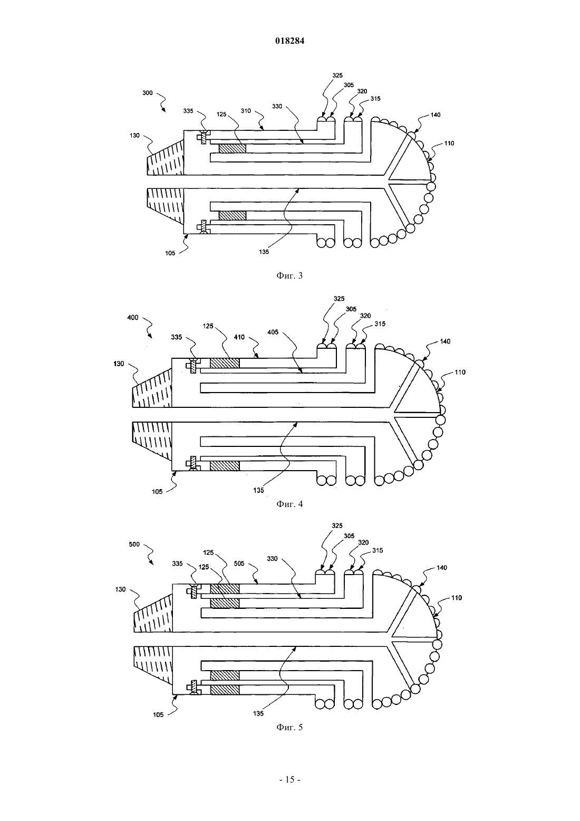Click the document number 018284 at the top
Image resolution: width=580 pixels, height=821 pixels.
click(x=289, y=41)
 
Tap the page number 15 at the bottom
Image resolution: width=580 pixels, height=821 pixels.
click(x=289, y=779)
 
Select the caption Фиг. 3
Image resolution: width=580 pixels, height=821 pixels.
click(x=289, y=275)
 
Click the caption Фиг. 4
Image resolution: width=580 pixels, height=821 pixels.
click(x=289, y=504)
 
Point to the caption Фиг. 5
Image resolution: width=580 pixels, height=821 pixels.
click(x=289, y=727)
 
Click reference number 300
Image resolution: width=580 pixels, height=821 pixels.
click(x=148, y=93)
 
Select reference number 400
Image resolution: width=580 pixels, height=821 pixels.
click(x=132, y=318)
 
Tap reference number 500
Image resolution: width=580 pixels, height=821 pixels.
click(x=134, y=545)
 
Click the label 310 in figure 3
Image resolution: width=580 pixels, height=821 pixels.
click(x=246, y=111)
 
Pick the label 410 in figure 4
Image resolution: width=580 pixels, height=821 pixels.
click(x=239, y=337)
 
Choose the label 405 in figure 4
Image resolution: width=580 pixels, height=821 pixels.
click(x=273, y=332)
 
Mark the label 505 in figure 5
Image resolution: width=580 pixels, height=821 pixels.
click(x=239, y=564)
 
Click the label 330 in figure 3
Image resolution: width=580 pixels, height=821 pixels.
click(x=277, y=106)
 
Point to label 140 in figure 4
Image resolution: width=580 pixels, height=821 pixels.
click(x=445, y=341)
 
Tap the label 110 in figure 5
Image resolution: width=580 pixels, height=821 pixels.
click(x=457, y=598)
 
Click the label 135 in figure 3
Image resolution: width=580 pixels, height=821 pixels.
click(x=264, y=252)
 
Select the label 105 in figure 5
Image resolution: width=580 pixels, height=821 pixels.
click(x=158, y=715)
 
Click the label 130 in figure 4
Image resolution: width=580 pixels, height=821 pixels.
click(x=119, y=364)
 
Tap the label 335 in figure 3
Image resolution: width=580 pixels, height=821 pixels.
click(x=188, y=111)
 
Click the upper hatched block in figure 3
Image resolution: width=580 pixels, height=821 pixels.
click(x=232, y=148)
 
